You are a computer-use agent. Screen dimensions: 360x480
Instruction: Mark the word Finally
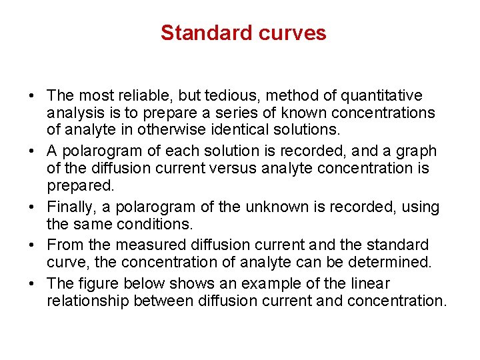click(72, 207)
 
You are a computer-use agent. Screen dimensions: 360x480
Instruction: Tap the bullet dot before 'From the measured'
click(32, 246)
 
